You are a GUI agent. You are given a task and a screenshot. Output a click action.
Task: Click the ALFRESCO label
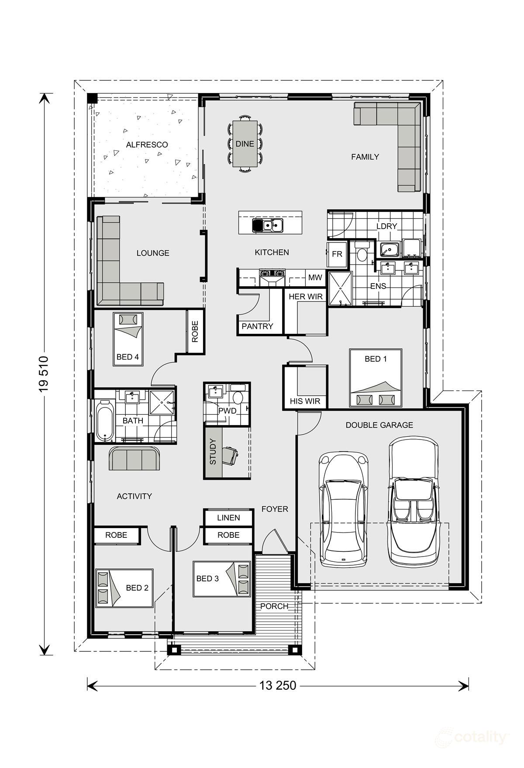click(147, 145)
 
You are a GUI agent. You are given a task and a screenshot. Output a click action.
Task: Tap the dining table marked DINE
click(245, 144)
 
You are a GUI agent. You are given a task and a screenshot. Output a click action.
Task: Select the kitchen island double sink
click(268, 225)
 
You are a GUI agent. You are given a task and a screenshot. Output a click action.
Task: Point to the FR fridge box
click(337, 254)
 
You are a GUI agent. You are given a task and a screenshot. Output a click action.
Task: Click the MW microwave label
click(315, 277)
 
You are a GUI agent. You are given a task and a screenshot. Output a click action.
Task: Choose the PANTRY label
click(257, 326)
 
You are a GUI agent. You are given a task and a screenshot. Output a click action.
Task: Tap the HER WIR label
click(306, 297)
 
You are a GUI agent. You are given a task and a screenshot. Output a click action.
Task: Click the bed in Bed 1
click(376, 378)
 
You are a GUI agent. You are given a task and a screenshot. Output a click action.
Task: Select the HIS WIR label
click(305, 401)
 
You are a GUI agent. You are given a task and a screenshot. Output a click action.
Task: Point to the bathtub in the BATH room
click(105, 421)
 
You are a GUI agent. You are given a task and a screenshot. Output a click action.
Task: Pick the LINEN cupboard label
click(228, 518)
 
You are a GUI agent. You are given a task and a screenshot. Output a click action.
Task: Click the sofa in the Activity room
click(134, 458)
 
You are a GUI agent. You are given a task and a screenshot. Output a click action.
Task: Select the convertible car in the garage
click(413, 502)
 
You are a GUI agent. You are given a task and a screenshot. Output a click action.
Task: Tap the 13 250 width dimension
click(278, 685)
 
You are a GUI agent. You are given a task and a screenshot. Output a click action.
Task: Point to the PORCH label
click(274, 606)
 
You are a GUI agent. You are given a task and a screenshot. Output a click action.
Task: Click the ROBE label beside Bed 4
click(195, 332)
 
